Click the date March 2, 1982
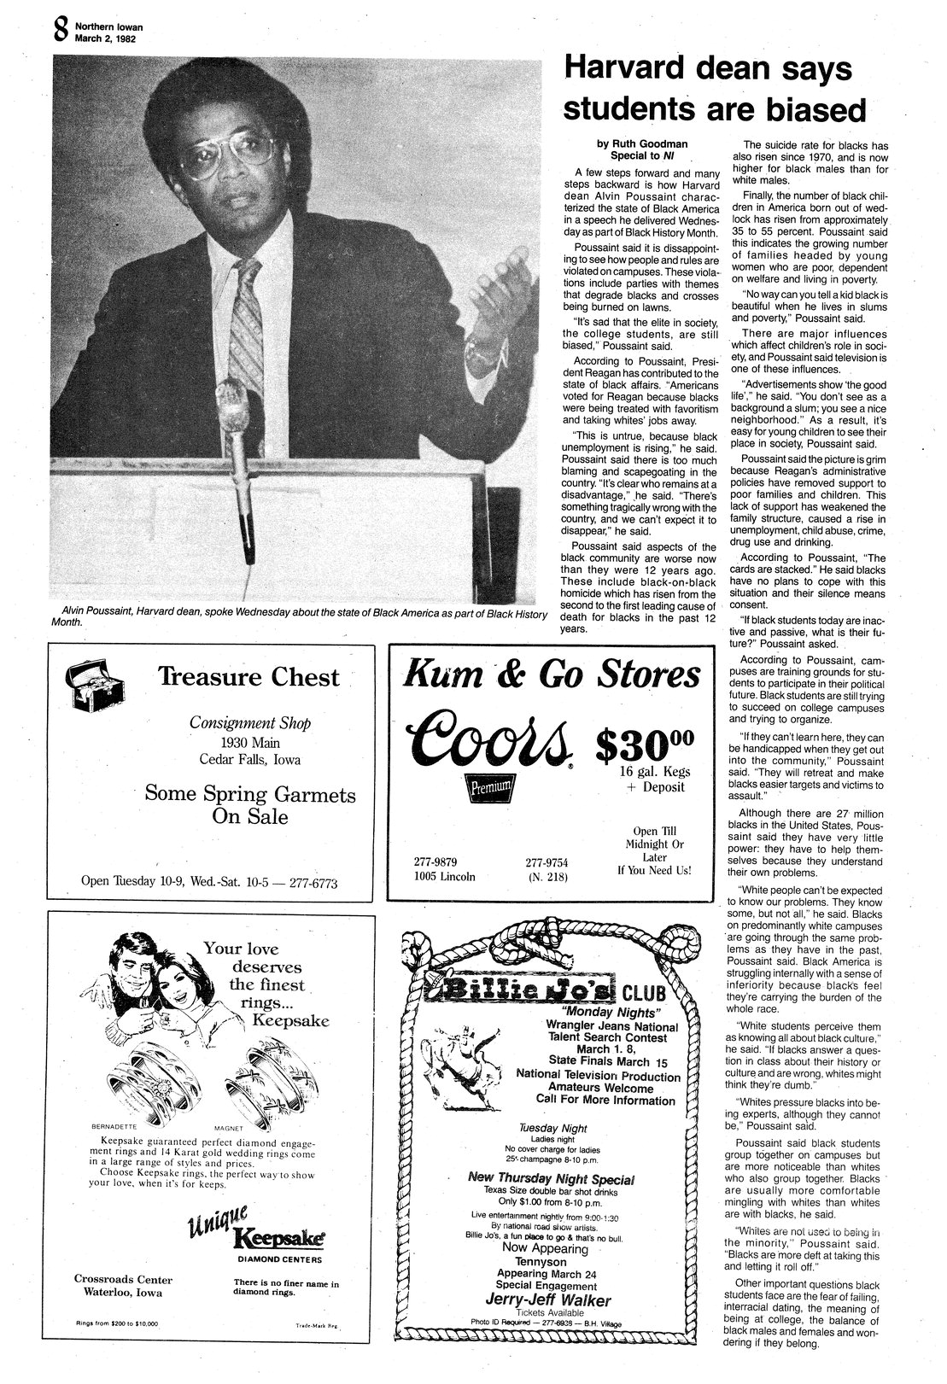[99, 38]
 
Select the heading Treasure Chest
[248, 678]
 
